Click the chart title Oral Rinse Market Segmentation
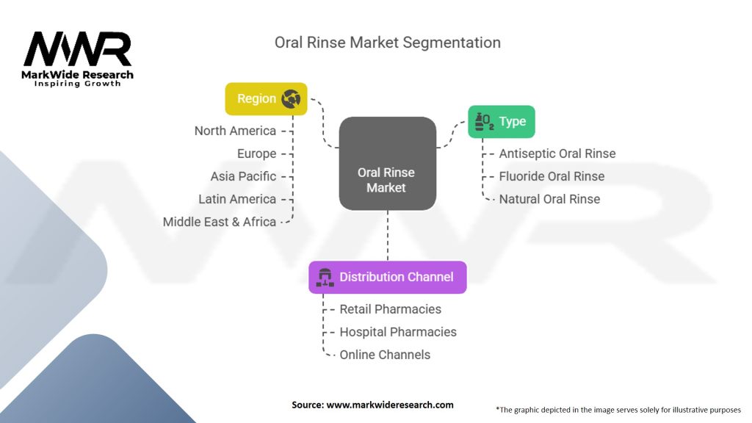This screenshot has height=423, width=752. coord(387,43)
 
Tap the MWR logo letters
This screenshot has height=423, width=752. coord(77,50)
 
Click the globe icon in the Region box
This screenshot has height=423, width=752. coord(291,99)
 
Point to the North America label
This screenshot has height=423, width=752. coord(235,131)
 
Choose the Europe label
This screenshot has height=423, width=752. coord(256,153)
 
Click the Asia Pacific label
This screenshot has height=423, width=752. coord(243,176)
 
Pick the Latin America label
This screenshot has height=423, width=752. coord(237,199)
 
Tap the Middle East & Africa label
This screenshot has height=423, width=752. coord(220,222)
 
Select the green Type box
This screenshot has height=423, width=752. coord(502,122)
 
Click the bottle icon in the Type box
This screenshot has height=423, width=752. coord(484,122)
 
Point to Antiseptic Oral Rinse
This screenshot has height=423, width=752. coord(557,153)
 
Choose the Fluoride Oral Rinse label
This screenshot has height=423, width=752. coord(552,176)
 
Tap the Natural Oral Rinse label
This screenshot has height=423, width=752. coord(549,199)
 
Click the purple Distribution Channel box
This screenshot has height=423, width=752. coord(387,277)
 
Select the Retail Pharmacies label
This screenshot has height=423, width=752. coord(390,309)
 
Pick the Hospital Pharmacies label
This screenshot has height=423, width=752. coord(397,332)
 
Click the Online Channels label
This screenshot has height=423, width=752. coord(385,355)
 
